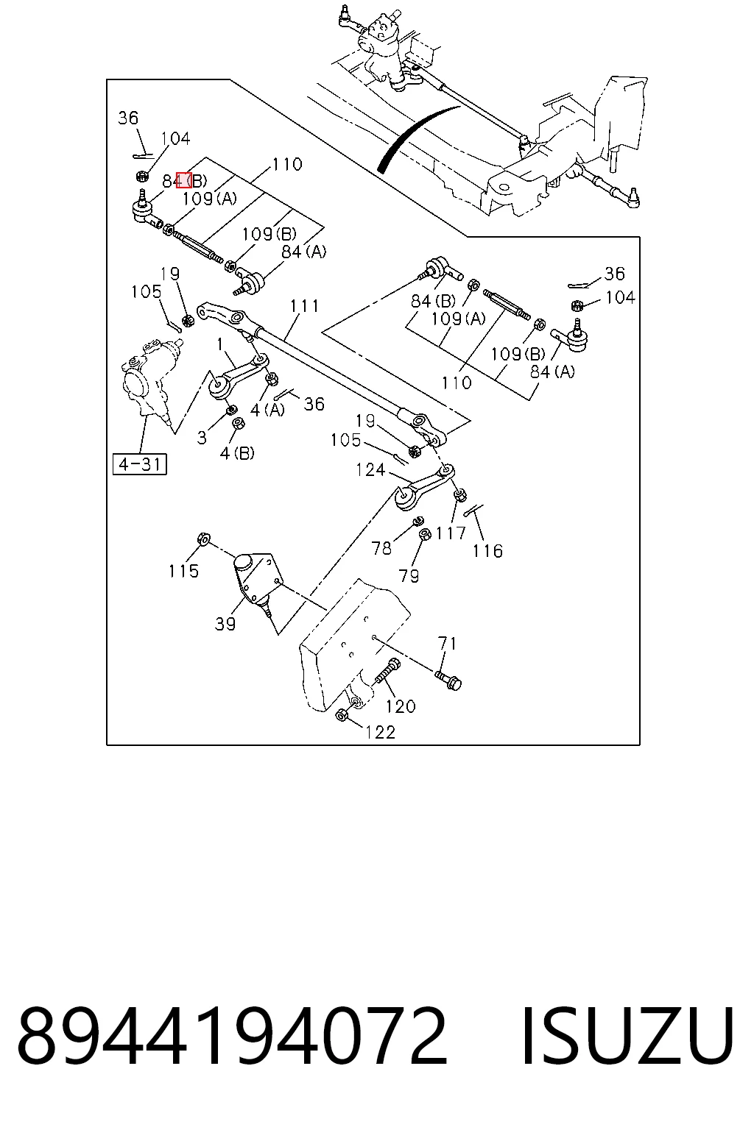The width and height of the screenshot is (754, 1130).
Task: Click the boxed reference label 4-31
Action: coord(140,464)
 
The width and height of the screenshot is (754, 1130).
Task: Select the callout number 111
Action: coord(305,306)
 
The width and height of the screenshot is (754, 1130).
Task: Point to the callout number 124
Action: coord(370,470)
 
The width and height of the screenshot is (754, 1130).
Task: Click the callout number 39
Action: coord(225,624)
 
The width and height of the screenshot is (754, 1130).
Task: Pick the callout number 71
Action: coord(448,644)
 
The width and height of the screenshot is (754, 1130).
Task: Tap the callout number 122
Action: coord(380,732)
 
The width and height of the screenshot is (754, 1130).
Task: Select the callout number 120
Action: coord(401,706)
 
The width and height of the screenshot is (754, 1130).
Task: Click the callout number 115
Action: coord(183,571)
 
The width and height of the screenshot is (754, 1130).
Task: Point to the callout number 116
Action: coord(487,551)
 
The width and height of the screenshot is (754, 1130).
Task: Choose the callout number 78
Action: coord(381,548)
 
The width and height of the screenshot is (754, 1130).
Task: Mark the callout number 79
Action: coord(409,575)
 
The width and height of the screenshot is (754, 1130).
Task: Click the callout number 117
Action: coord(451,533)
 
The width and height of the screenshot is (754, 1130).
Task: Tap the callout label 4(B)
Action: coord(237,453)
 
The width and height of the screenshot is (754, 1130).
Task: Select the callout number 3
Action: coord(202,438)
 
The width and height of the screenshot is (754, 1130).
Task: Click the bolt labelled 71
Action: coord(448,680)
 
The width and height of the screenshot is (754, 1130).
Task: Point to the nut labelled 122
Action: coord(340,715)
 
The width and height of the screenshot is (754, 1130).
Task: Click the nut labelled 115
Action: coord(204,539)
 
